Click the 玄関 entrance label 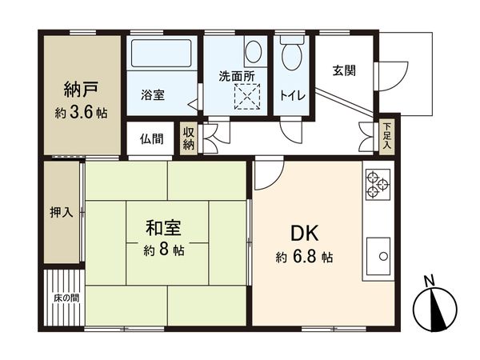(345, 70)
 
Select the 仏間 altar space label (151, 139)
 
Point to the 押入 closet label (61, 213)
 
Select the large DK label (305, 234)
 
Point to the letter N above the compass (430, 280)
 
